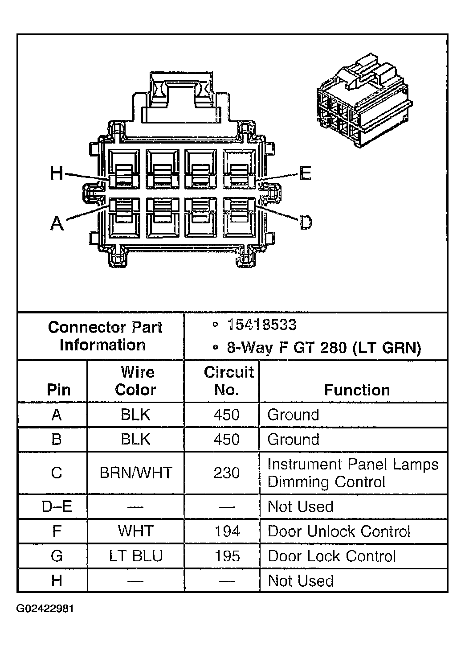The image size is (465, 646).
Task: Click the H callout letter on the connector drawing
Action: [x=57, y=173]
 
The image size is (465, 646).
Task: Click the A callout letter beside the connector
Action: [x=57, y=222]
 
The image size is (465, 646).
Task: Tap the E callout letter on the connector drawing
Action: [x=305, y=173]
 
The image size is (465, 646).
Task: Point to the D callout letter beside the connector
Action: [x=306, y=222]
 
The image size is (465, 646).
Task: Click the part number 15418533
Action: [x=261, y=325]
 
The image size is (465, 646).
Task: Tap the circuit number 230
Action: [x=226, y=473]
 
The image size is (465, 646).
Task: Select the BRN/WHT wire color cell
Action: [x=135, y=473]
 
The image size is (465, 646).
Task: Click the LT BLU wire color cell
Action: [x=135, y=556]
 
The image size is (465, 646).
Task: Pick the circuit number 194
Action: [x=227, y=531]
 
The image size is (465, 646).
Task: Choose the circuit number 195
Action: [x=227, y=556]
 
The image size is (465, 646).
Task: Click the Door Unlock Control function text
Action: [x=339, y=531]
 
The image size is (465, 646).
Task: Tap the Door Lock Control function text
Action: [x=331, y=556]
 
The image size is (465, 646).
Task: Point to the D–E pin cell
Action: [x=56, y=506]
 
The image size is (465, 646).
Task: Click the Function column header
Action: [x=357, y=390]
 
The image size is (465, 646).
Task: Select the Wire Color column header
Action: [x=135, y=381]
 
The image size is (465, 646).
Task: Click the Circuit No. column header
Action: [x=228, y=381]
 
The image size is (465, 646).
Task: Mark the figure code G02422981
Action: [x=45, y=609]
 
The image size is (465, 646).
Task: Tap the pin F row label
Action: [x=56, y=531]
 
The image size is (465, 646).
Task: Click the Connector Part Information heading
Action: [x=104, y=336]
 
